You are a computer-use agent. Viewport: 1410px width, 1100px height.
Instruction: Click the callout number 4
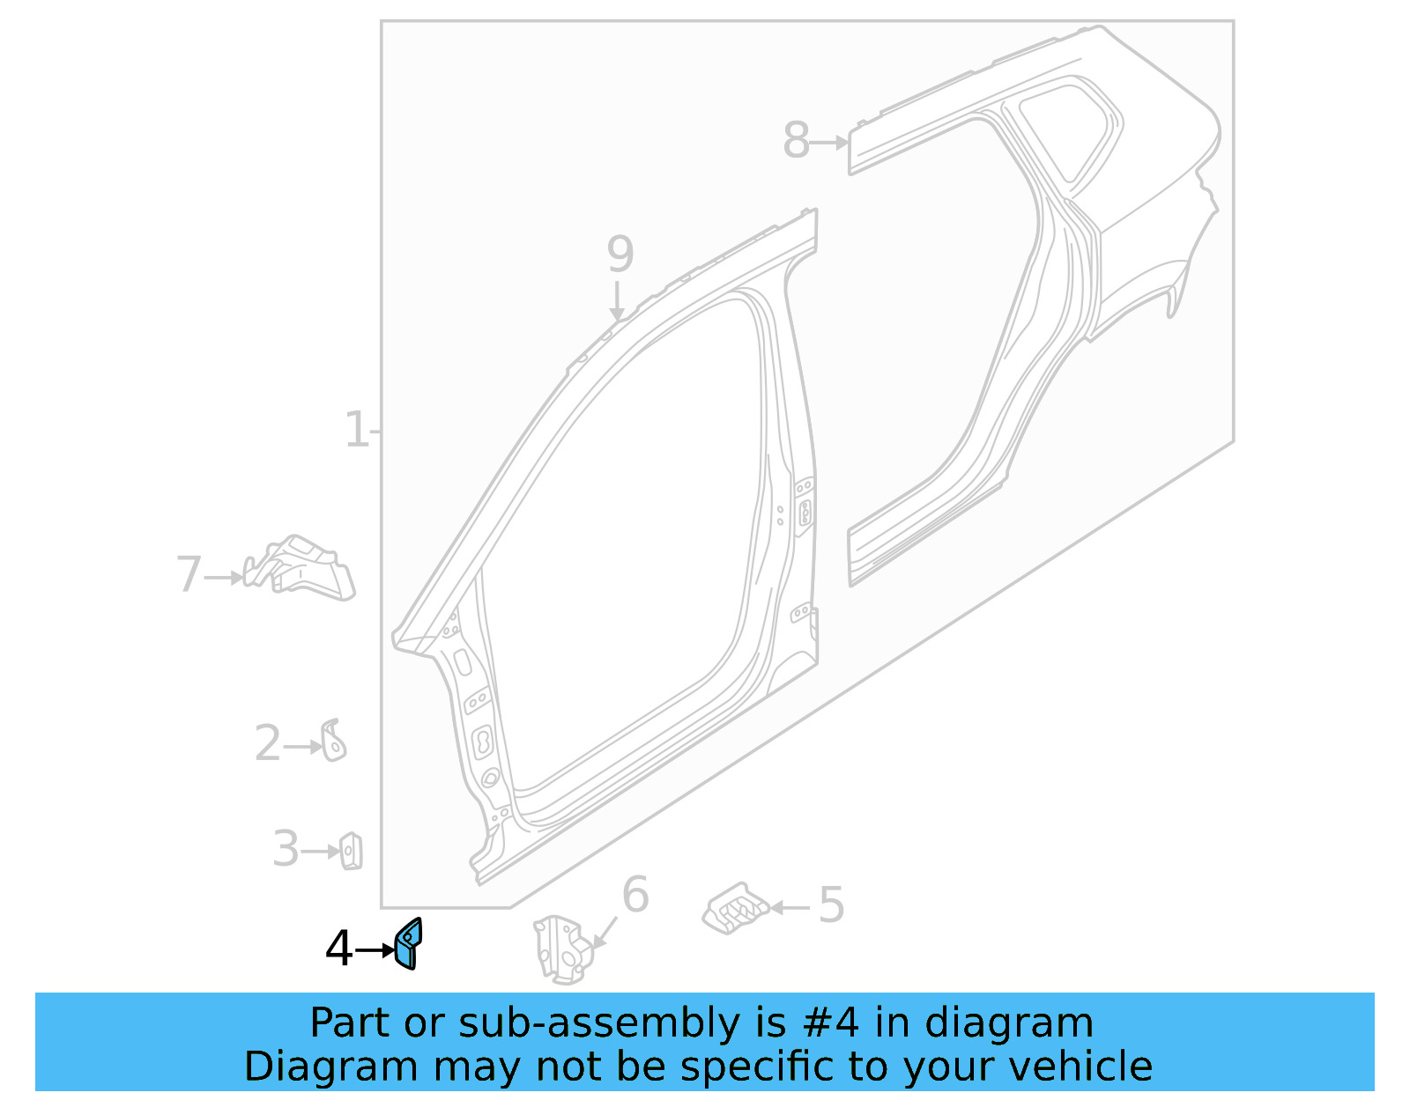click(338, 949)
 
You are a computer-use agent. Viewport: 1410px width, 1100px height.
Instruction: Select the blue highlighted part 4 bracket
click(408, 944)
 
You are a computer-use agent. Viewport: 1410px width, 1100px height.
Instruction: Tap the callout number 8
click(796, 141)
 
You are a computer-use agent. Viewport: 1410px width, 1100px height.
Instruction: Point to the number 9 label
click(620, 255)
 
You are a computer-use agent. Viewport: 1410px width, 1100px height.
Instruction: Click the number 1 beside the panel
click(356, 431)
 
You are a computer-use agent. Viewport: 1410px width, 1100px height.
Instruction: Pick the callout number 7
click(189, 575)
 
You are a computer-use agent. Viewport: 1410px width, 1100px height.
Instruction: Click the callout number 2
click(267, 744)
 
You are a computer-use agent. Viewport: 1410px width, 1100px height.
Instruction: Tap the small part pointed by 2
click(333, 741)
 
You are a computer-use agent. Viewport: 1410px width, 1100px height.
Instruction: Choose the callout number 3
click(285, 850)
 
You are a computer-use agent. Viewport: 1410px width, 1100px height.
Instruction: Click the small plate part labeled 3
click(351, 851)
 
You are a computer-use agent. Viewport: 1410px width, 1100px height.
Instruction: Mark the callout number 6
click(635, 896)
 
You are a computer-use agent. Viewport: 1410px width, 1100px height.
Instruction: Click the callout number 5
click(831, 905)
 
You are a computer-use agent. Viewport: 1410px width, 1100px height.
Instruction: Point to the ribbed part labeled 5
click(735, 908)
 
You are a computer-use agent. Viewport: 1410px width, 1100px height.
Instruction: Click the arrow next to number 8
click(828, 142)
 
